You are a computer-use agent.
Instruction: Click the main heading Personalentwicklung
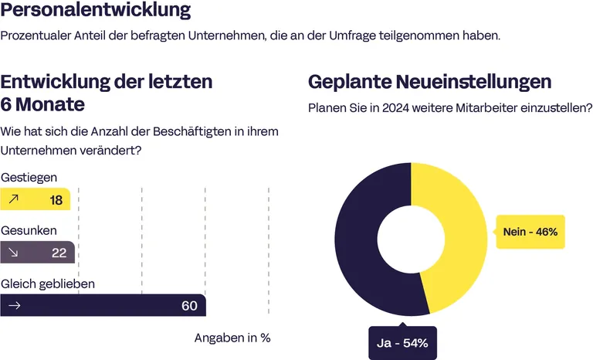(96, 12)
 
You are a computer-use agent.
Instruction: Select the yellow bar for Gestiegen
(36, 200)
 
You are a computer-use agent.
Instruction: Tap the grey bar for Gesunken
(37, 253)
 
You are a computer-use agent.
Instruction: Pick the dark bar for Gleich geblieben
(103, 306)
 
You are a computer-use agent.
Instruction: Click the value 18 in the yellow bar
(56, 200)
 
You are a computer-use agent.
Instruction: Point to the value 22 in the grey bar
(59, 253)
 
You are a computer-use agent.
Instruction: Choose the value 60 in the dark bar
(189, 306)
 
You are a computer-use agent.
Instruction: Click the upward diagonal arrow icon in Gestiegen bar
(13, 200)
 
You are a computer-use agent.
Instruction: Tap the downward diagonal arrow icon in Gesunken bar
(13, 253)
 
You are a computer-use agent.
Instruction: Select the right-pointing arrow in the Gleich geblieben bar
(13, 306)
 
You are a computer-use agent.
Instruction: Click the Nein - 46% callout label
(530, 232)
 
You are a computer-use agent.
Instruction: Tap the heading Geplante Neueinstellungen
(429, 81)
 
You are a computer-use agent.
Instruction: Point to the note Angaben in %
(232, 338)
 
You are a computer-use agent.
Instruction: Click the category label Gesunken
(29, 230)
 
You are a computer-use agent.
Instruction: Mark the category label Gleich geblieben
(48, 284)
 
